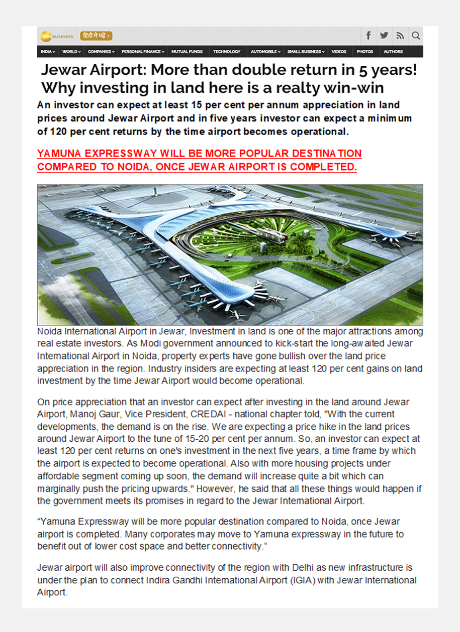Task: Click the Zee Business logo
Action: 57,36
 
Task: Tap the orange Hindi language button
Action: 96,36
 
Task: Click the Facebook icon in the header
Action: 369,36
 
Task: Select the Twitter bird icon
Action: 384,36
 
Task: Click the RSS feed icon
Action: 400,36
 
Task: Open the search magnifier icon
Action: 416,36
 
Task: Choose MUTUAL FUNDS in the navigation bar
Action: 187,51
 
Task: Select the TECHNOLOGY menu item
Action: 227,51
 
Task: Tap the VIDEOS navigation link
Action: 339,51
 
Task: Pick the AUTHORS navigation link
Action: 393,51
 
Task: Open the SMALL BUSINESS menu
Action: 306,51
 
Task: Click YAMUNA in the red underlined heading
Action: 58,154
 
